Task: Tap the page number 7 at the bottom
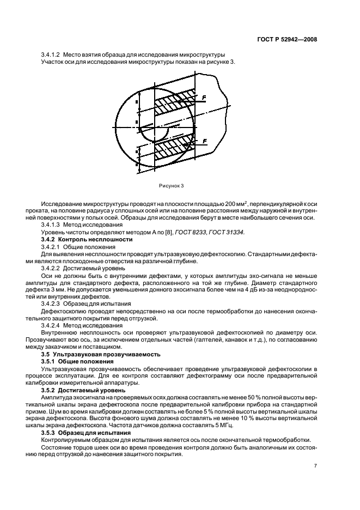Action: tap(315, 466)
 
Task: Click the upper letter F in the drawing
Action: tap(204, 97)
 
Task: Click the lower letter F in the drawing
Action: tap(204, 141)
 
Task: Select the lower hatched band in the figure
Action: tap(173, 148)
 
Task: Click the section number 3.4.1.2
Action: tap(51, 54)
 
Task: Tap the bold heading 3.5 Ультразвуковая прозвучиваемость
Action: tap(100, 353)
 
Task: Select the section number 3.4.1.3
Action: tap(51, 225)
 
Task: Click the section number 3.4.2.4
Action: tap(51, 323)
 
